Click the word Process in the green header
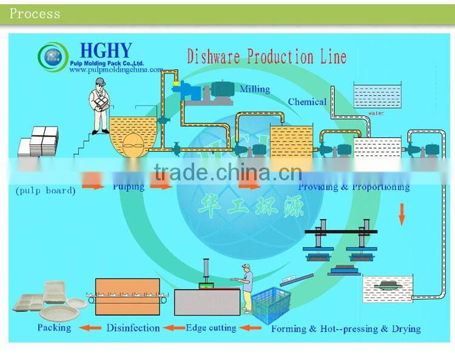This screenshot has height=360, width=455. tap(35, 14)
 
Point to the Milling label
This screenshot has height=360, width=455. tap(254, 89)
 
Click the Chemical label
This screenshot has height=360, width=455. tap(307, 102)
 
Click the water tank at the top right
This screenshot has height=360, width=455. tap(377, 96)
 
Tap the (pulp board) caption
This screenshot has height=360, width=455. tap(45, 190)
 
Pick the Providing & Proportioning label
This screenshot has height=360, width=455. tap(354, 187)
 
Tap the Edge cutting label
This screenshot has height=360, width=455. tap(211, 328)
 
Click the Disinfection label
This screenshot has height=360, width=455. tap(133, 328)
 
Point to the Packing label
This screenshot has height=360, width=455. tap(54, 328)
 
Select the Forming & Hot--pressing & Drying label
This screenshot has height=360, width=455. tap(345, 329)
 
